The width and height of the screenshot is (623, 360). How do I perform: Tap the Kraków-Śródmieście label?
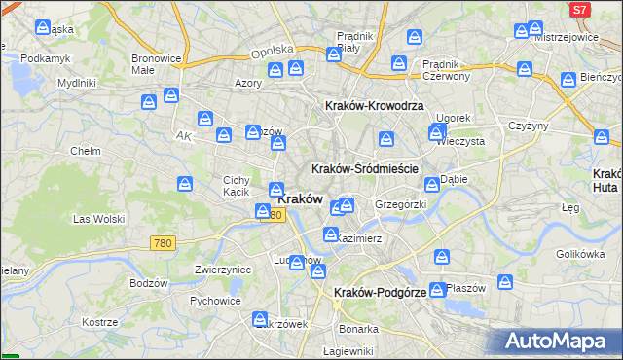[x=364, y=168]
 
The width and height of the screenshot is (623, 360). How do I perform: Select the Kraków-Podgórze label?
[x=380, y=292]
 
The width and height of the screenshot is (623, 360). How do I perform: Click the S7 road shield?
[x=579, y=9]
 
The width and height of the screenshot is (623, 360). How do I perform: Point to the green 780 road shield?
[x=163, y=243]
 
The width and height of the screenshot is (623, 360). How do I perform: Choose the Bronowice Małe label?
[x=157, y=63]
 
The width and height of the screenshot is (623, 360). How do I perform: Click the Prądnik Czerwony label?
[x=447, y=70]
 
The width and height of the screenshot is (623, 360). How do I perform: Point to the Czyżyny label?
[x=530, y=126]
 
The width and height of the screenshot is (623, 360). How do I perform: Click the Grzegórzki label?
[x=401, y=205]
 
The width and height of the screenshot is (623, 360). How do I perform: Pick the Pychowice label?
[x=215, y=301]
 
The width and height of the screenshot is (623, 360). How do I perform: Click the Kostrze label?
[x=99, y=322]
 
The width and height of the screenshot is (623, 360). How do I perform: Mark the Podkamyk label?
[x=46, y=58]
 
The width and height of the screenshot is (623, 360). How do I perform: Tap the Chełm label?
[x=86, y=152]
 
